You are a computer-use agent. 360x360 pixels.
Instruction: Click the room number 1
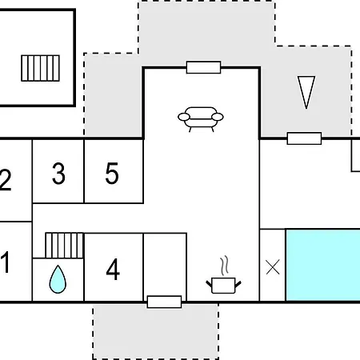(6, 262)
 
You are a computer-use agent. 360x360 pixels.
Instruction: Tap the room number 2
(6, 180)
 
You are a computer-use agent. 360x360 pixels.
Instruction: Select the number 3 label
(58, 174)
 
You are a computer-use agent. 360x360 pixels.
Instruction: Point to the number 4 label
(113, 269)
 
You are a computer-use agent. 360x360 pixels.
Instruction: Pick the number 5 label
(112, 174)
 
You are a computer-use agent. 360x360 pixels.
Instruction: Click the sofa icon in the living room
(201, 119)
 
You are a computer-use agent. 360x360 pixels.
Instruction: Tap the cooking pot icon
(223, 286)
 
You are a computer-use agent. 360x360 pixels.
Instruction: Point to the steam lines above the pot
(225, 266)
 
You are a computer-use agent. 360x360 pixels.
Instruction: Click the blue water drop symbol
(58, 279)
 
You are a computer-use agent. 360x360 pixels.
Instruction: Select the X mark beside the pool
(273, 267)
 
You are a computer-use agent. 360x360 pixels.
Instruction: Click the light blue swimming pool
(323, 265)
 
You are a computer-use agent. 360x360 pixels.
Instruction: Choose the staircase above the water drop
(65, 246)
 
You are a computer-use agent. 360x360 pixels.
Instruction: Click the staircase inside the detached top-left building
(40, 68)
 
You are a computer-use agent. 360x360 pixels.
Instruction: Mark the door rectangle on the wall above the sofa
(204, 67)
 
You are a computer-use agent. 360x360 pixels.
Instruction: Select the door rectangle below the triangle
(304, 138)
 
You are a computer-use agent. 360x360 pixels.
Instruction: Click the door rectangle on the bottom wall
(164, 302)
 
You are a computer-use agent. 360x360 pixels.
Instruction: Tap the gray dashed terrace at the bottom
(156, 332)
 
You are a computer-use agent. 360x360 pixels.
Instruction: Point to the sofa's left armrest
(184, 117)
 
